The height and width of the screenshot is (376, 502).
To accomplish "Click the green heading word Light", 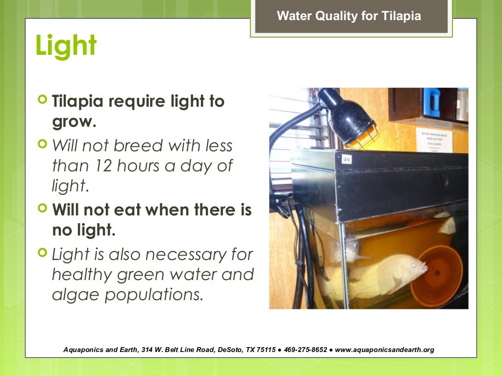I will [x=66, y=46].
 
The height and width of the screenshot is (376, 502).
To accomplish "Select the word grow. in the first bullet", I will [x=74, y=121].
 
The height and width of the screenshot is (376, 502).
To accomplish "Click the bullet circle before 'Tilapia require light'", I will [x=43, y=100].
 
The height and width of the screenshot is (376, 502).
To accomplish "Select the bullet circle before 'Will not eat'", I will [x=43, y=209].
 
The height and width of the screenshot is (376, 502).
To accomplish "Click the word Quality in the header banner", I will [x=336, y=16].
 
